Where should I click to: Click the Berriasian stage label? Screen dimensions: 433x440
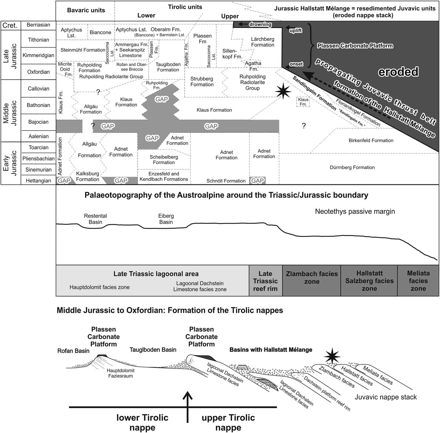[x=38, y=25]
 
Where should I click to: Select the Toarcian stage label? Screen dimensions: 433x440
[x=38, y=148]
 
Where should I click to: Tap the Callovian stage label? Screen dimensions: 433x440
[x=38, y=89]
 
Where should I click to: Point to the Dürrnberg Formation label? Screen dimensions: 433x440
[x=352, y=167]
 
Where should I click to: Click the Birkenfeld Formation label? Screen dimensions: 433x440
[x=371, y=140]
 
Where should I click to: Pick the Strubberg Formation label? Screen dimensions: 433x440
[x=202, y=82]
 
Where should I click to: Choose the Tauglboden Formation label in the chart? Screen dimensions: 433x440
[x=168, y=67]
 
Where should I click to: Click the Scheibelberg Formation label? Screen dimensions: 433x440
[x=164, y=160]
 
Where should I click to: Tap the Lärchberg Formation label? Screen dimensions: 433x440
[x=263, y=42]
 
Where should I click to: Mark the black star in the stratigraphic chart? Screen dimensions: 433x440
[x=283, y=91]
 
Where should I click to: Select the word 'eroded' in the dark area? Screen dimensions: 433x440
[x=398, y=72]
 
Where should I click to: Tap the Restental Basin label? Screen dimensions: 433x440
[x=95, y=219]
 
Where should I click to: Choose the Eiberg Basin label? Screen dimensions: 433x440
[x=166, y=219]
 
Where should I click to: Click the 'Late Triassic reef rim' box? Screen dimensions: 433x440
[x=265, y=281]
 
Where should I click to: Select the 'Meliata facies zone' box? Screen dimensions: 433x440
[x=418, y=281]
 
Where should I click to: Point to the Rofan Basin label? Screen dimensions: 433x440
[x=73, y=351]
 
